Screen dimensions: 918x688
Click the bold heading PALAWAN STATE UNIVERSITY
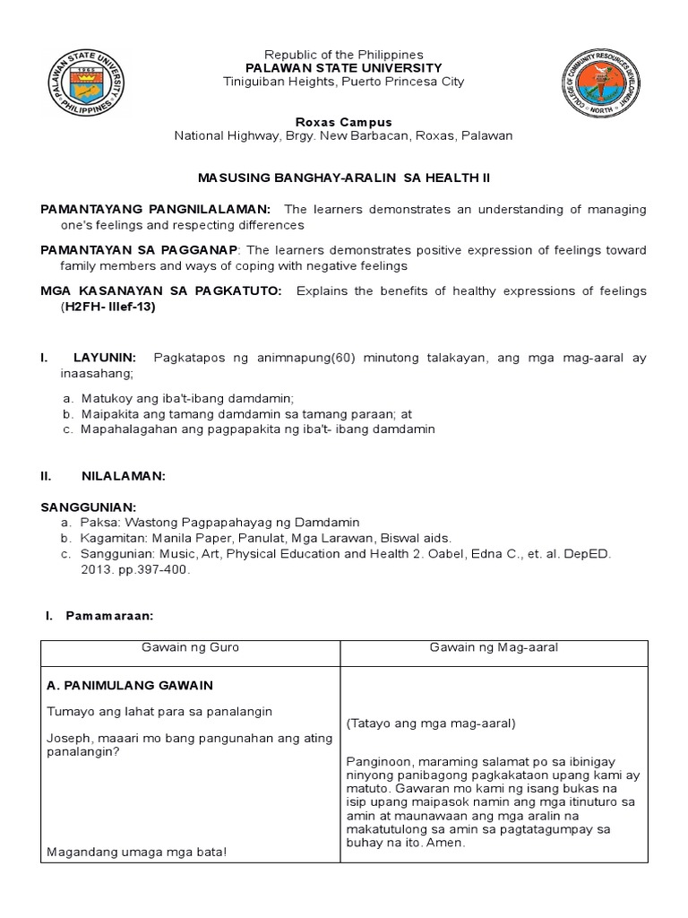[x=343, y=68]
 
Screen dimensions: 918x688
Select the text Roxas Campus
[x=343, y=121]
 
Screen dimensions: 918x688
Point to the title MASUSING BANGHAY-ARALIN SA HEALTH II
[x=344, y=178]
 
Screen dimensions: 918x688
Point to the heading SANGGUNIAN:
[x=89, y=507]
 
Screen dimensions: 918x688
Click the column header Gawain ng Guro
[x=190, y=648]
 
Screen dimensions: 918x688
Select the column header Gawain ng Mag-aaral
[x=507, y=648]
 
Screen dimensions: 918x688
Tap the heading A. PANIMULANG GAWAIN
[x=129, y=685]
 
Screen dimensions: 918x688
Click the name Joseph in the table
[x=65, y=738]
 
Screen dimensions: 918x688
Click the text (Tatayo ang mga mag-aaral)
[x=419, y=723]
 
